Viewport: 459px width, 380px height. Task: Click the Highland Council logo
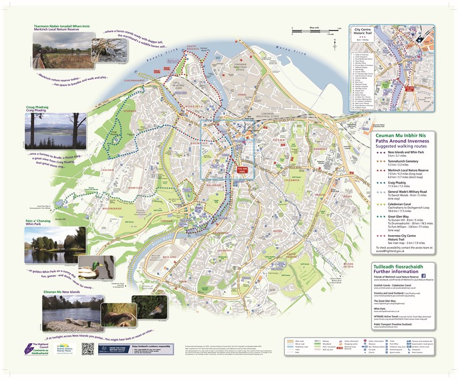tap(38, 350)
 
